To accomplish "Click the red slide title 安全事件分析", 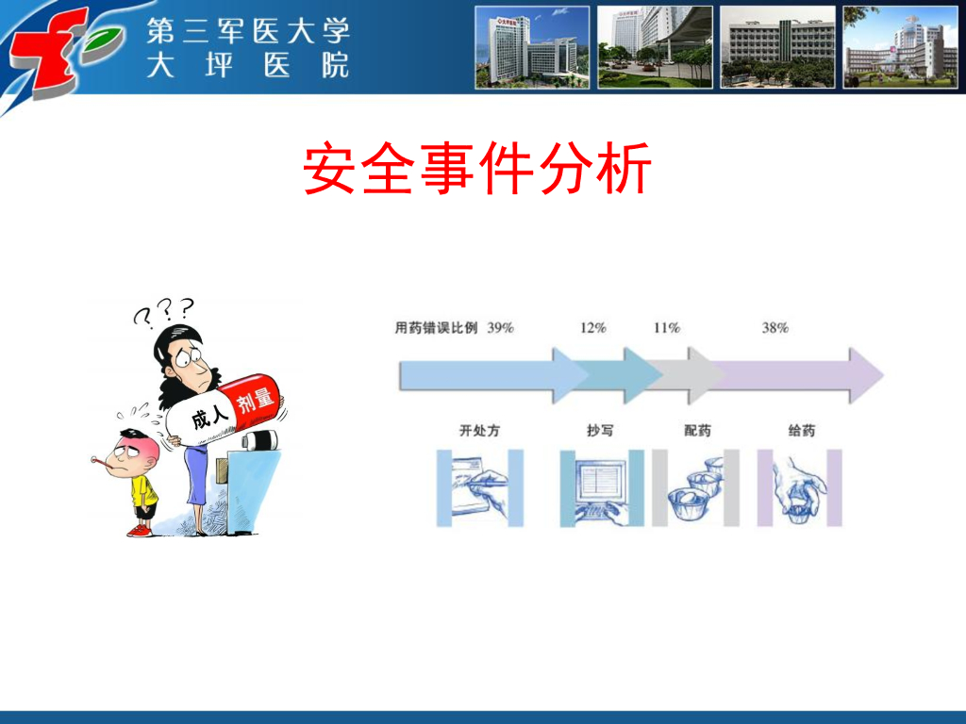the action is (x=476, y=168).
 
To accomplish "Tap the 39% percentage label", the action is (x=500, y=327).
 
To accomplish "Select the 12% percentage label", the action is (x=592, y=327).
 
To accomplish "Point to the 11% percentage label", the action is (x=667, y=327).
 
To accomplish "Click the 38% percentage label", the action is (x=775, y=327).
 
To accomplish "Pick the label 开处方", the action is (x=479, y=430).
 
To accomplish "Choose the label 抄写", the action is (x=600, y=430).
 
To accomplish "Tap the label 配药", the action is (x=697, y=430).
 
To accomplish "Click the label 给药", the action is (x=802, y=430).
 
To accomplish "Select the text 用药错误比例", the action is (x=436, y=327).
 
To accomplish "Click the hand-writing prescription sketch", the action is (x=480, y=488).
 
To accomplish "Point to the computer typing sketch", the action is (x=602, y=488).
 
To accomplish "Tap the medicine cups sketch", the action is (x=695, y=488).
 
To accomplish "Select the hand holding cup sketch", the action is (x=799, y=488).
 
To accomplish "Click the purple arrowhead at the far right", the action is (x=866, y=375).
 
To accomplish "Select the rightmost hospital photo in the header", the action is (x=900, y=47).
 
